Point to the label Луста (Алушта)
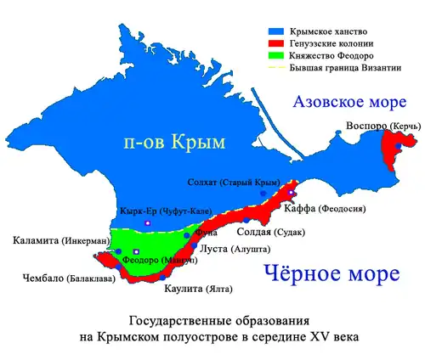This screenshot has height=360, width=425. tap(235, 250)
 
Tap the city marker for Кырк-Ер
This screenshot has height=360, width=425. tap(148, 222)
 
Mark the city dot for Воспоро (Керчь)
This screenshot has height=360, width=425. tap(397, 147)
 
